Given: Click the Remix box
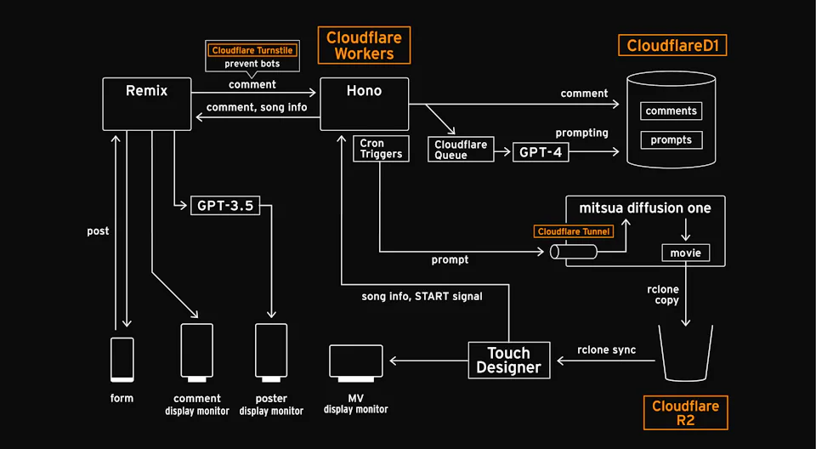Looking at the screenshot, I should tap(146, 104).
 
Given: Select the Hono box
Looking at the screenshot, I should tap(364, 104).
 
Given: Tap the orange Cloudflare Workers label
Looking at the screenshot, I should tap(364, 45).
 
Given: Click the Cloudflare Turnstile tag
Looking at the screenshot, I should tap(252, 51).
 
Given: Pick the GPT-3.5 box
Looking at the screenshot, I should tap(224, 205).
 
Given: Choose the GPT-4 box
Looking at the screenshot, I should tap(541, 152).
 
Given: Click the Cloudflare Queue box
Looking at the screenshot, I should tap(461, 150).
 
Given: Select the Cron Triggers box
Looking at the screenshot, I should tap(377, 150).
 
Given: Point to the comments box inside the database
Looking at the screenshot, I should tap(671, 111).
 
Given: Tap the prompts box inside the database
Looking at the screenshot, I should tap(671, 139).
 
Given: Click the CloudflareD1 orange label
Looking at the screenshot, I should tap(672, 46).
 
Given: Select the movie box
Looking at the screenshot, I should tap(685, 253).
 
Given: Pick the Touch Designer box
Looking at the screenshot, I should tap(508, 360).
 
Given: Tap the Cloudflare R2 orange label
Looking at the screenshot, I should tap(685, 412).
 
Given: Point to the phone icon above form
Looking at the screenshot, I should tap(122, 360).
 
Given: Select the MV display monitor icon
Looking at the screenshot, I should tap(355, 361).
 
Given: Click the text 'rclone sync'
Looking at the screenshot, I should tap(606, 350).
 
